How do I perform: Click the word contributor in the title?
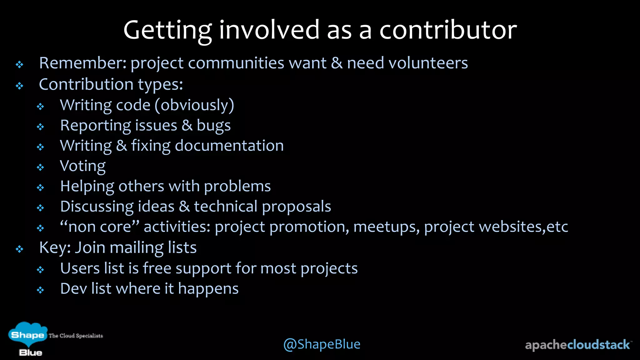(448, 30)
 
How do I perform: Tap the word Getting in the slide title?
(167, 31)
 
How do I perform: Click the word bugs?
(213, 126)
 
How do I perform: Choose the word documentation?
(229, 146)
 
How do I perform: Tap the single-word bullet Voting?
(82, 166)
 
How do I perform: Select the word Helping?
(87, 187)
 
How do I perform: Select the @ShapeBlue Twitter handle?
(322, 344)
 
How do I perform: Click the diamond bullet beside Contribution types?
(20, 86)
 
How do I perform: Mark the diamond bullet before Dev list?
(40, 290)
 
